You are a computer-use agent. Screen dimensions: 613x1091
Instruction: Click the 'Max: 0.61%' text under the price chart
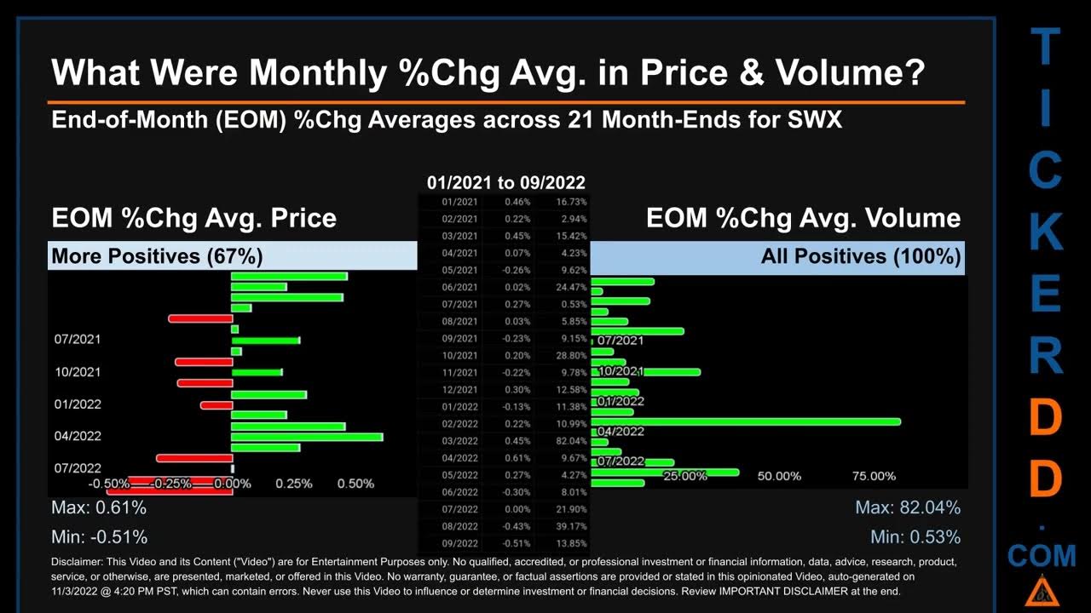99,508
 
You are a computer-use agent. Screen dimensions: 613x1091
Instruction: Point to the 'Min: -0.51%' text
99,537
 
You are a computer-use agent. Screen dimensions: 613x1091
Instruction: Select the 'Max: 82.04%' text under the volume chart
908,508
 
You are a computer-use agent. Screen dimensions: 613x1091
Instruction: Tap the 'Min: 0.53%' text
915,537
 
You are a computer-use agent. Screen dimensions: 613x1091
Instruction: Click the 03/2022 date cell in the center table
459,441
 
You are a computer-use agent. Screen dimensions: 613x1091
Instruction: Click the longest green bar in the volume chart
746,421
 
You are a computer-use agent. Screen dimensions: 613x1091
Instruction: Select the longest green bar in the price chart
307,437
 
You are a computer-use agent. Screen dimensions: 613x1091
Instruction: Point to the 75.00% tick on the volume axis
874,476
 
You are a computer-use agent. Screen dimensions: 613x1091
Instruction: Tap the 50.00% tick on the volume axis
779,476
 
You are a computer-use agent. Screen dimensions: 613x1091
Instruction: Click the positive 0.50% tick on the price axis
355,484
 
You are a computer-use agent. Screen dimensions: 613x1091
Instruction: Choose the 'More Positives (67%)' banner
157,256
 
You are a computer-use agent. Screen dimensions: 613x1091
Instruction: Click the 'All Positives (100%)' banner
861,256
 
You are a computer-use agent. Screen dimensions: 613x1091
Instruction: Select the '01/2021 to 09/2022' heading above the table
506,183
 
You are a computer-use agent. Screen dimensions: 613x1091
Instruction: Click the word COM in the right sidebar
1042,556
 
